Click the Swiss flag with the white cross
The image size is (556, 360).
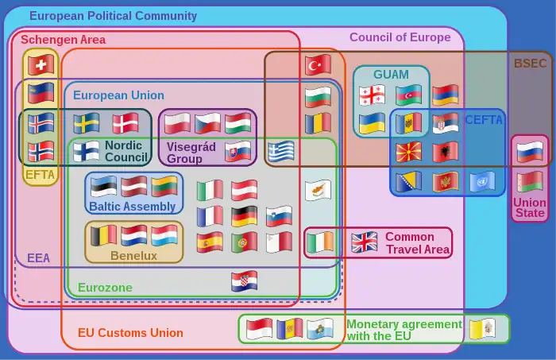click(40, 64)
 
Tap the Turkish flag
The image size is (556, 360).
click(318, 65)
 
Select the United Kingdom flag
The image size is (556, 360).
click(365, 242)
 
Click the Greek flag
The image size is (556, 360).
click(282, 151)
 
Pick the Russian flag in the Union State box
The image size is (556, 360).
click(529, 150)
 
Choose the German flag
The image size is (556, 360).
click(245, 216)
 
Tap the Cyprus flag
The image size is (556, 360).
click(318, 191)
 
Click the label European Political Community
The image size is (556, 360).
click(113, 16)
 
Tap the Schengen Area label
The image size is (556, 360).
click(63, 40)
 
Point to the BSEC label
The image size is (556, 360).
click(530, 64)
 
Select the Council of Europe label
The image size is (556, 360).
click(400, 37)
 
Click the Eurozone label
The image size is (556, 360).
click(105, 288)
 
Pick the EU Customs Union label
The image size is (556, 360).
click(130, 333)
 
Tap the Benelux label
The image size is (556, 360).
click(133, 256)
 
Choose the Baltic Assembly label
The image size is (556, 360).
click(132, 207)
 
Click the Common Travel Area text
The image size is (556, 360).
click(416, 243)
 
